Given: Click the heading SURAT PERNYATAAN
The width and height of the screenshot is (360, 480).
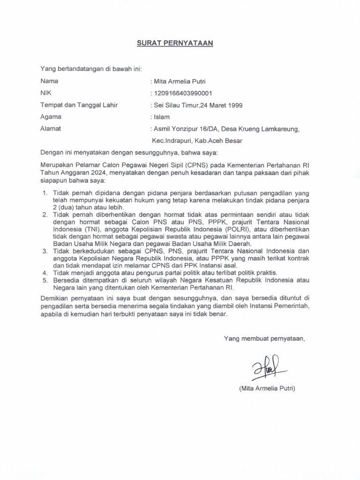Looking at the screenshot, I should coord(175,43).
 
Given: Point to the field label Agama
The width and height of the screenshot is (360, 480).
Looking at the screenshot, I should coord(51,116).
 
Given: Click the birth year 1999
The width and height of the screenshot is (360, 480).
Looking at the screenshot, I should coord(235,105).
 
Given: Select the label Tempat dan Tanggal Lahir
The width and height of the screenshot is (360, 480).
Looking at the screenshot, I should coord(78,105).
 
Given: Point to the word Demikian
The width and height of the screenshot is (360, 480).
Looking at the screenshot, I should coord(55,298).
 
